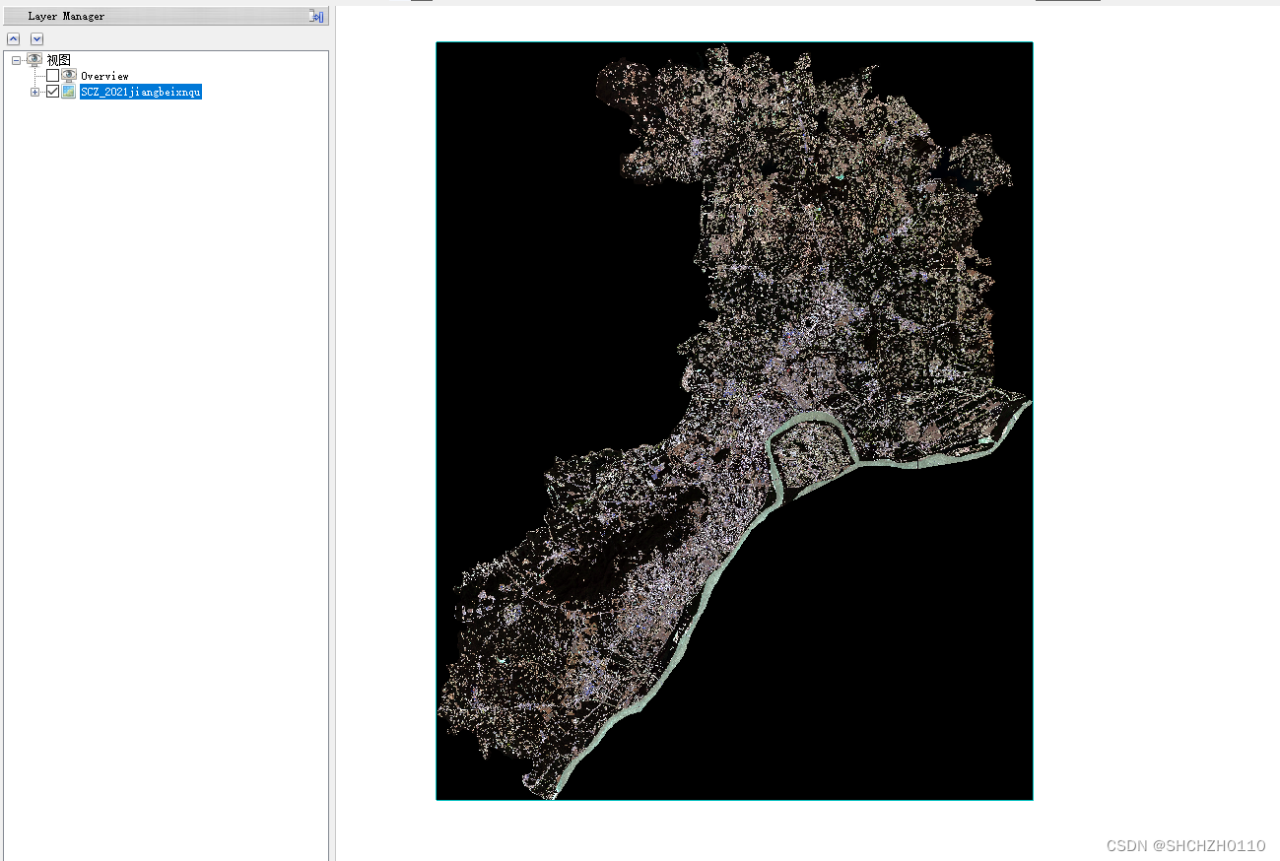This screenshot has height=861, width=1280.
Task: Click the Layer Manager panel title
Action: pos(66,16)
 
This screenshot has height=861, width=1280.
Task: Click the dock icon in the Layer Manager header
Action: pos(316,16)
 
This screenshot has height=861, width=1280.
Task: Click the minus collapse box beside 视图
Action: pos(16,60)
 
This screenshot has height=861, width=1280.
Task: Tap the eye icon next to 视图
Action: pos(34,60)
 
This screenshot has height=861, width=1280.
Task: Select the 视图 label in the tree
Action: pos(59,60)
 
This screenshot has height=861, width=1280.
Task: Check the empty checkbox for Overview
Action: pos(52,76)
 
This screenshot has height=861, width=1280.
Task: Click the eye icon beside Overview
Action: pos(69,76)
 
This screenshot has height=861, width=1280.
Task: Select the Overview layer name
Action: pos(104,76)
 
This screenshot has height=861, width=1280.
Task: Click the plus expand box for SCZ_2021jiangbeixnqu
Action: pos(35,92)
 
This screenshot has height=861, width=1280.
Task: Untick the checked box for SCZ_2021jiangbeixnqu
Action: pos(52,92)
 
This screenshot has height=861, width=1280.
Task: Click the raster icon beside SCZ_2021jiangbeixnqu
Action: pos(69,92)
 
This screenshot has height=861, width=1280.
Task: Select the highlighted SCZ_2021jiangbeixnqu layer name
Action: pos(141,92)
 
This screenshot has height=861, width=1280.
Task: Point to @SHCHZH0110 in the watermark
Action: pos(1210,846)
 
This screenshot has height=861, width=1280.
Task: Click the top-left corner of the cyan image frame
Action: pos(437,42)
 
